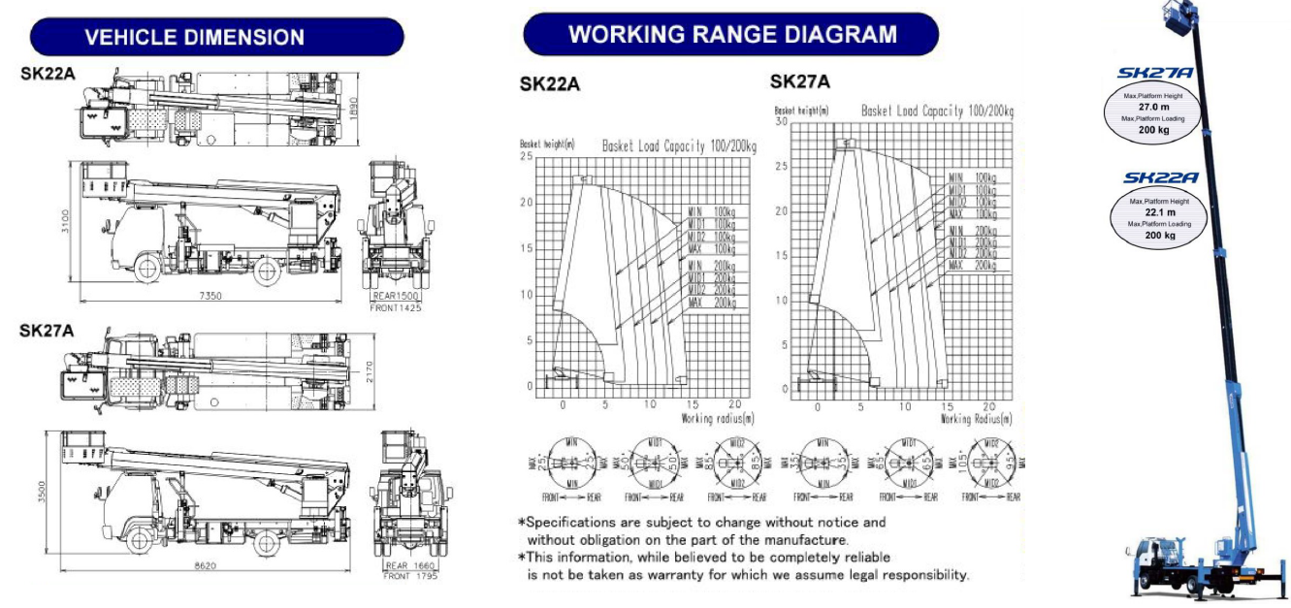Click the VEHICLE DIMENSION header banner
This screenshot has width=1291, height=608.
point(216,37)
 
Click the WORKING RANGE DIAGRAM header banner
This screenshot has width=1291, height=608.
point(731,34)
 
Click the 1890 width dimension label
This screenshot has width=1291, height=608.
point(354,105)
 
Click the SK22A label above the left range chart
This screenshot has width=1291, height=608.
point(550,84)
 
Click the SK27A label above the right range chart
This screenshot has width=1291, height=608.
point(800,81)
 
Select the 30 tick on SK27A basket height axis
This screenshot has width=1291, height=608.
point(781,122)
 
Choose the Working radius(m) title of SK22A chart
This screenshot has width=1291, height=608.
point(717,418)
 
